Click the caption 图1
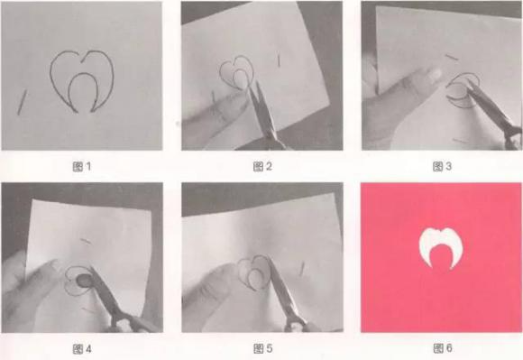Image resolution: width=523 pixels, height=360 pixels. pos(82,167)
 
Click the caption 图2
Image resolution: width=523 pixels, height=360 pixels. pos(262,166)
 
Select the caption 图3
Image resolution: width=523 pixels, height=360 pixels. pos(442,166)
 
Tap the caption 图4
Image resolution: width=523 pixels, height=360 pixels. pos(82,349)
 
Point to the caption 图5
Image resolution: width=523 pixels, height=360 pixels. pos(262,348)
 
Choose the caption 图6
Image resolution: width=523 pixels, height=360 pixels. pos(443,348)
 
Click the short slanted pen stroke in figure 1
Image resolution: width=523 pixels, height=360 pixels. pos(22,103)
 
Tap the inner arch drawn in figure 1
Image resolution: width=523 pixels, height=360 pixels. pos(83,74)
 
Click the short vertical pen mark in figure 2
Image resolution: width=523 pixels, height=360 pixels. pos(279,60)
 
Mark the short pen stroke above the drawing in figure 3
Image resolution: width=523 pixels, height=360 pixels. pos(453,58)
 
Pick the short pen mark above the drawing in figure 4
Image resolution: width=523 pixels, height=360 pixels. pos(86,241)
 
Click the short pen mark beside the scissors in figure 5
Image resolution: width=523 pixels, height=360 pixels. pos(301,269)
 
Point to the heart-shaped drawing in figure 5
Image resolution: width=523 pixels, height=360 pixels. pos(254,272)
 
